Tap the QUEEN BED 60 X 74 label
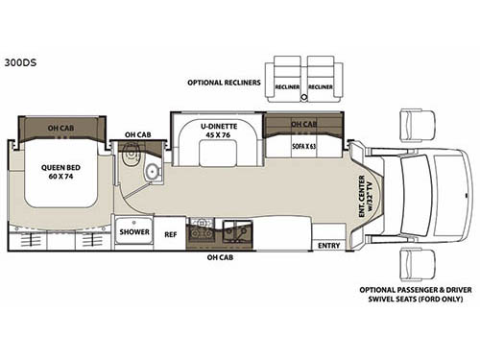(x=60, y=177)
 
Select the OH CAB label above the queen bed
(x=62, y=127)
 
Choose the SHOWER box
(x=132, y=231)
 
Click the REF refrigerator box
(x=170, y=232)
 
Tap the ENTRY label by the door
(x=329, y=245)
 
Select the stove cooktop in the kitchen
(x=202, y=229)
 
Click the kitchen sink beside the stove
(x=233, y=229)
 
